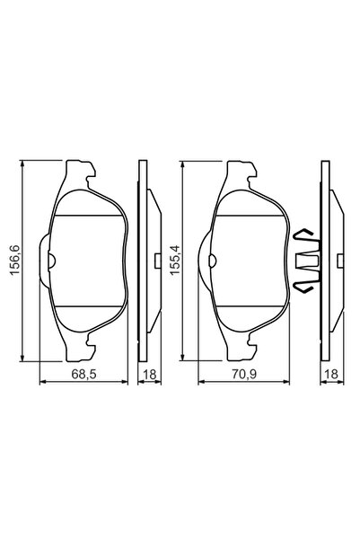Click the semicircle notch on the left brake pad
pos(52,261)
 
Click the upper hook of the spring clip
pos(306,235)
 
